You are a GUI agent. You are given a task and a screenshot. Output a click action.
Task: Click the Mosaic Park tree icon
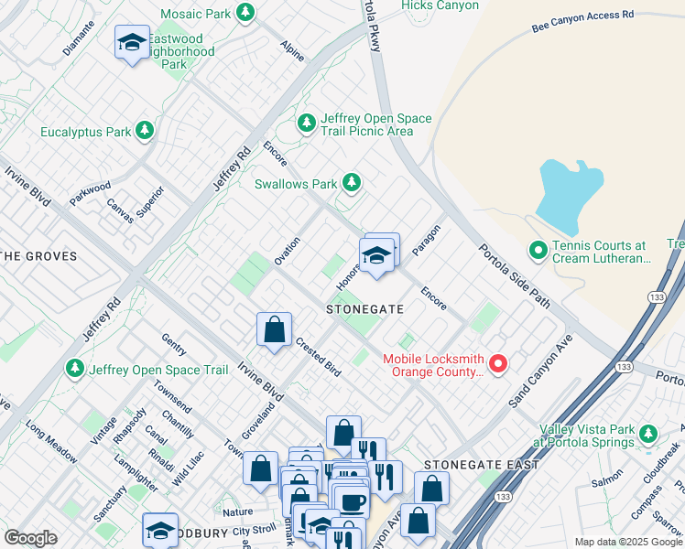click(x=245, y=13)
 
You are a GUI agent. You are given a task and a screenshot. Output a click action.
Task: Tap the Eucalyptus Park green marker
click(x=144, y=132)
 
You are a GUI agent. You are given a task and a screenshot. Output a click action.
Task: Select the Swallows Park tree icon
click(x=350, y=183)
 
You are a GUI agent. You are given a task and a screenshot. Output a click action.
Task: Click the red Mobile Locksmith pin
click(x=498, y=364)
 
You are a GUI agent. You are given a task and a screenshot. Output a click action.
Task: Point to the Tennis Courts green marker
click(x=538, y=249)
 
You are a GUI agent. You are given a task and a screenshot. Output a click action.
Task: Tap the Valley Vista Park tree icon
click(x=648, y=433)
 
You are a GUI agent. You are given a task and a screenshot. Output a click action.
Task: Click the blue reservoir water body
click(x=569, y=192)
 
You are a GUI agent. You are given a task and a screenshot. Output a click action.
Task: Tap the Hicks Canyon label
click(x=440, y=5)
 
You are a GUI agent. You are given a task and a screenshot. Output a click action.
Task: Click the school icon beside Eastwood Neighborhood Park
click(x=132, y=42)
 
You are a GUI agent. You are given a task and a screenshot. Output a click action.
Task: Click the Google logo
click(x=30, y=538)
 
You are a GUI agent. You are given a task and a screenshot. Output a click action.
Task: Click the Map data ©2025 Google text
click(x=627, y=542)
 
